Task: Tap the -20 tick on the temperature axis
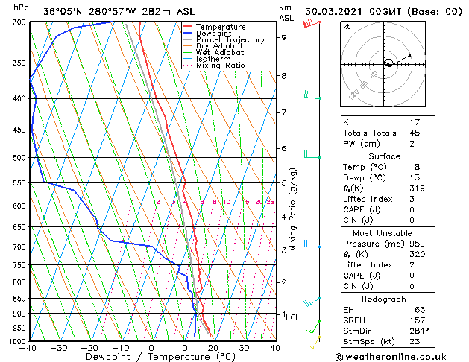click(x=89, y=348)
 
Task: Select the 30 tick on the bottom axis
click(x=244, y=348)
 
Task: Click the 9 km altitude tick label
click(x=283, y=37)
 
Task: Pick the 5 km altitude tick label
click(x=283, y=182)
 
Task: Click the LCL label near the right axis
click(x=292, y=317)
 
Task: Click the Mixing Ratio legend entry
click(x=221, y=66)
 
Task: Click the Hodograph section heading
click(x=384, y=299)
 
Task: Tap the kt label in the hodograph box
click(x=347, y=27)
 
